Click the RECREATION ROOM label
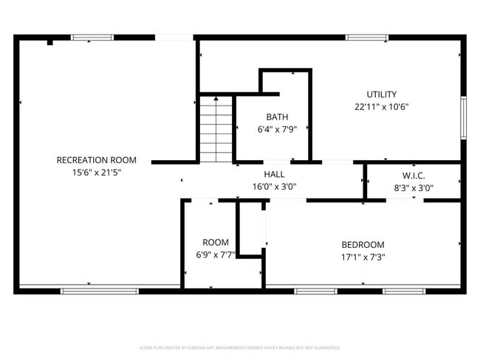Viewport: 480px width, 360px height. (x=97, y=160)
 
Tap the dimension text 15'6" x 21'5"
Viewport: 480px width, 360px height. (x=97, y=173)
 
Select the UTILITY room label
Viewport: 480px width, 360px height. (x=382, y=94)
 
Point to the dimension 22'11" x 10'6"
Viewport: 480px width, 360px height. (x=382, y=107)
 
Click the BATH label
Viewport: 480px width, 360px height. (x=277, y=117)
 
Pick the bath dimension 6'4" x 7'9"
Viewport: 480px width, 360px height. (x=277, y=129)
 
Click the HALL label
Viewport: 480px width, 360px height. (x=275, y=174)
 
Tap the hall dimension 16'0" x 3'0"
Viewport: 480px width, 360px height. (x=275, y=187)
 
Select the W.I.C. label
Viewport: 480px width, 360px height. (x=414, y=176)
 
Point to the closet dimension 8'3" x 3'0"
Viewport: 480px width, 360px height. (x=414, y=187)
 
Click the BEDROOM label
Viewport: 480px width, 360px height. (x=363, y=245)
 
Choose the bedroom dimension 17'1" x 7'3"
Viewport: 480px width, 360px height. (x=363, y=257)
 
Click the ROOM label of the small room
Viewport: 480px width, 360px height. (x=216, y=242)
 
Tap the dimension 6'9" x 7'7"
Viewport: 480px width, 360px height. (x=216, y=255)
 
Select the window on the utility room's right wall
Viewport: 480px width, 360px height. (x=463, y=117)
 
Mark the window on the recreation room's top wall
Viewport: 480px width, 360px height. (x=92, y=37)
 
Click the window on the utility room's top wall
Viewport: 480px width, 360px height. (x=367, y=37)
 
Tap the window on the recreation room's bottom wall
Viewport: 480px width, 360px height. (x=99, y=291)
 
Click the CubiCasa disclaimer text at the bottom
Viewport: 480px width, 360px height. (x=240, y=347)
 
